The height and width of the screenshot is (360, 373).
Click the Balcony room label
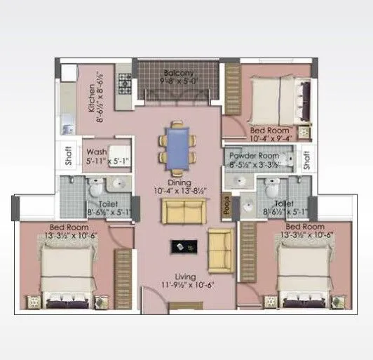click(179, 72)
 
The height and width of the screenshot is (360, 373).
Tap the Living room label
click(177, 277)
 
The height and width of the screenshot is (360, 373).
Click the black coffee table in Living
click(184, 246)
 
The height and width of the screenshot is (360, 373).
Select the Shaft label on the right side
click(307, 161)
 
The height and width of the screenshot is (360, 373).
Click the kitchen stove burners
click(124, 84)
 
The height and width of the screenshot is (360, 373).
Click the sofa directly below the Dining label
click(184, 211)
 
